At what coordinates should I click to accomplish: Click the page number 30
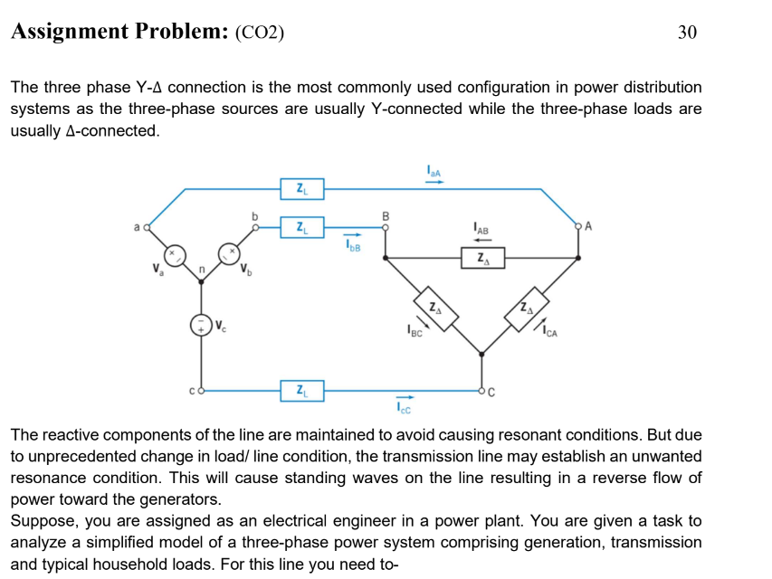[x=687, y=33]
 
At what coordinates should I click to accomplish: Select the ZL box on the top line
[x=300, y=189]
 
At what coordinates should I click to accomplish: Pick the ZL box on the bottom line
[x=300, y=391]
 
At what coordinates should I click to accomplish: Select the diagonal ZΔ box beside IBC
[x=436, y=307]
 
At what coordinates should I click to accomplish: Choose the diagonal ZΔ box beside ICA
[x=528, y=307]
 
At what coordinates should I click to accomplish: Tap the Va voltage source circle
[x=173, y=254]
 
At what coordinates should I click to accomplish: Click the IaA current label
[x=434, y=170]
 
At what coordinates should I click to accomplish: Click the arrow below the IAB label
[x=481, y=240]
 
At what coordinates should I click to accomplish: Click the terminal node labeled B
[x=386, y=228]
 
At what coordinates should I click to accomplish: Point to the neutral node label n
[x=203, y=269]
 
